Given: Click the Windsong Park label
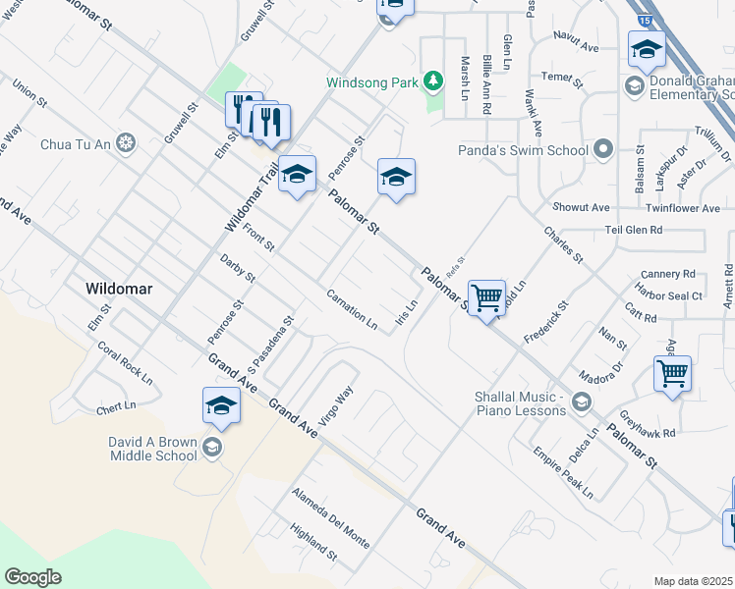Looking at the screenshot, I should click(373, 82).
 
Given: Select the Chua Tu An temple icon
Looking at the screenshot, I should click(125, 145).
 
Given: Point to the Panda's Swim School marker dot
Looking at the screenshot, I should click(603, 150).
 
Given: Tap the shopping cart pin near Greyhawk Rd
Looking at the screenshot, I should click(672, 373).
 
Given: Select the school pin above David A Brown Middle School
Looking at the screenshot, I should click(222, 404).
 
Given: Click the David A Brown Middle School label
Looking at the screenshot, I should click(152, 449).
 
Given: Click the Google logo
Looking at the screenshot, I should click(33, 577).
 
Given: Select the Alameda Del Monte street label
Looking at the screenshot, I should click(330, 518).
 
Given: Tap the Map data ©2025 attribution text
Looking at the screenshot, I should click(693, 581).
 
